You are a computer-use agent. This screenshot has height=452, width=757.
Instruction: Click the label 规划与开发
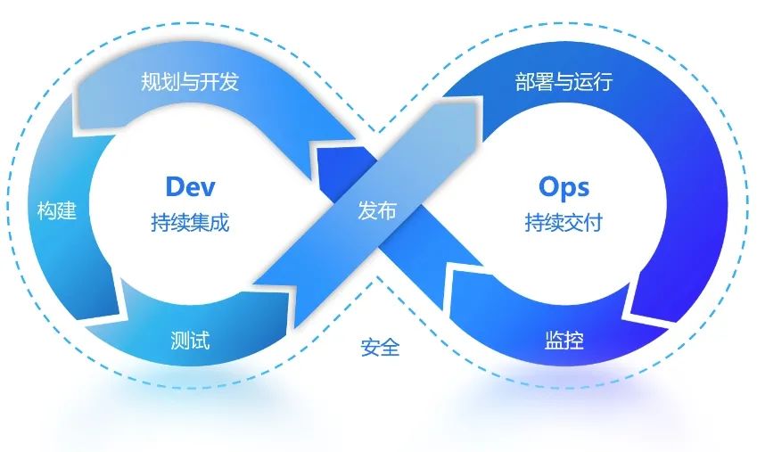(x=190, y=83)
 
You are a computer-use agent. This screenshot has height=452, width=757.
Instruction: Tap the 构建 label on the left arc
(x=57, y=211)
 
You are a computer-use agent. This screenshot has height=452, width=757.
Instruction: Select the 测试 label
(x=190, y=340)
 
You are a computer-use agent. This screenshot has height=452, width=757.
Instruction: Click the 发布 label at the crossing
(x=377, y=211)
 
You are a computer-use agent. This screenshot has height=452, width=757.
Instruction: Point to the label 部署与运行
(x=564, y=83)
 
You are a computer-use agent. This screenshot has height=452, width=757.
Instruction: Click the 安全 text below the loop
(x=381, y=347)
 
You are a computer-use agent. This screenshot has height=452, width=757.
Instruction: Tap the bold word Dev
(x=191, y=186)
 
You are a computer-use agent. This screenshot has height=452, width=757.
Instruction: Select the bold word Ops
(x=564, y=186)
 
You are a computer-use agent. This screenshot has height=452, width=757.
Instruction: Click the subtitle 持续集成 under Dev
(x=190, y=222)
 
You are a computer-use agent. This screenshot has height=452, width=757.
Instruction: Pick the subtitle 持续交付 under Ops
(x=564, y=222)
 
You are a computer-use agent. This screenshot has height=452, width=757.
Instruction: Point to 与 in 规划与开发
(x=190, y=83)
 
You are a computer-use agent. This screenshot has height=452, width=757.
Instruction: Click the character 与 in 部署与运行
(x=564, y=83)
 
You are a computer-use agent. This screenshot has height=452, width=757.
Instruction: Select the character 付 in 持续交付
(x=592, y=222)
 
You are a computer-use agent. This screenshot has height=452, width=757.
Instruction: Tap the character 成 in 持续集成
(x=219, y=222)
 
